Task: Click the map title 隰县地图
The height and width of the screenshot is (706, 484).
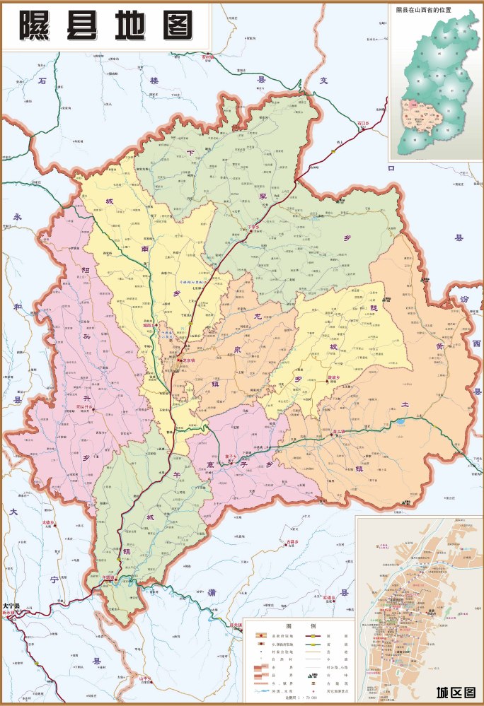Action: [106, 26]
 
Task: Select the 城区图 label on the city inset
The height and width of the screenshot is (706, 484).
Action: [455, 692]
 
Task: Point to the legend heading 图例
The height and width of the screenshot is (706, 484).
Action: [300, 626]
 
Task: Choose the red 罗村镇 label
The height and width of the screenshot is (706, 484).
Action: [207, 56]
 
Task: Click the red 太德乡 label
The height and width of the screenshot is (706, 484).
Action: [47, 523]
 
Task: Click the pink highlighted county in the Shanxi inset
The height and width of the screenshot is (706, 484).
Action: [412, 114]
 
